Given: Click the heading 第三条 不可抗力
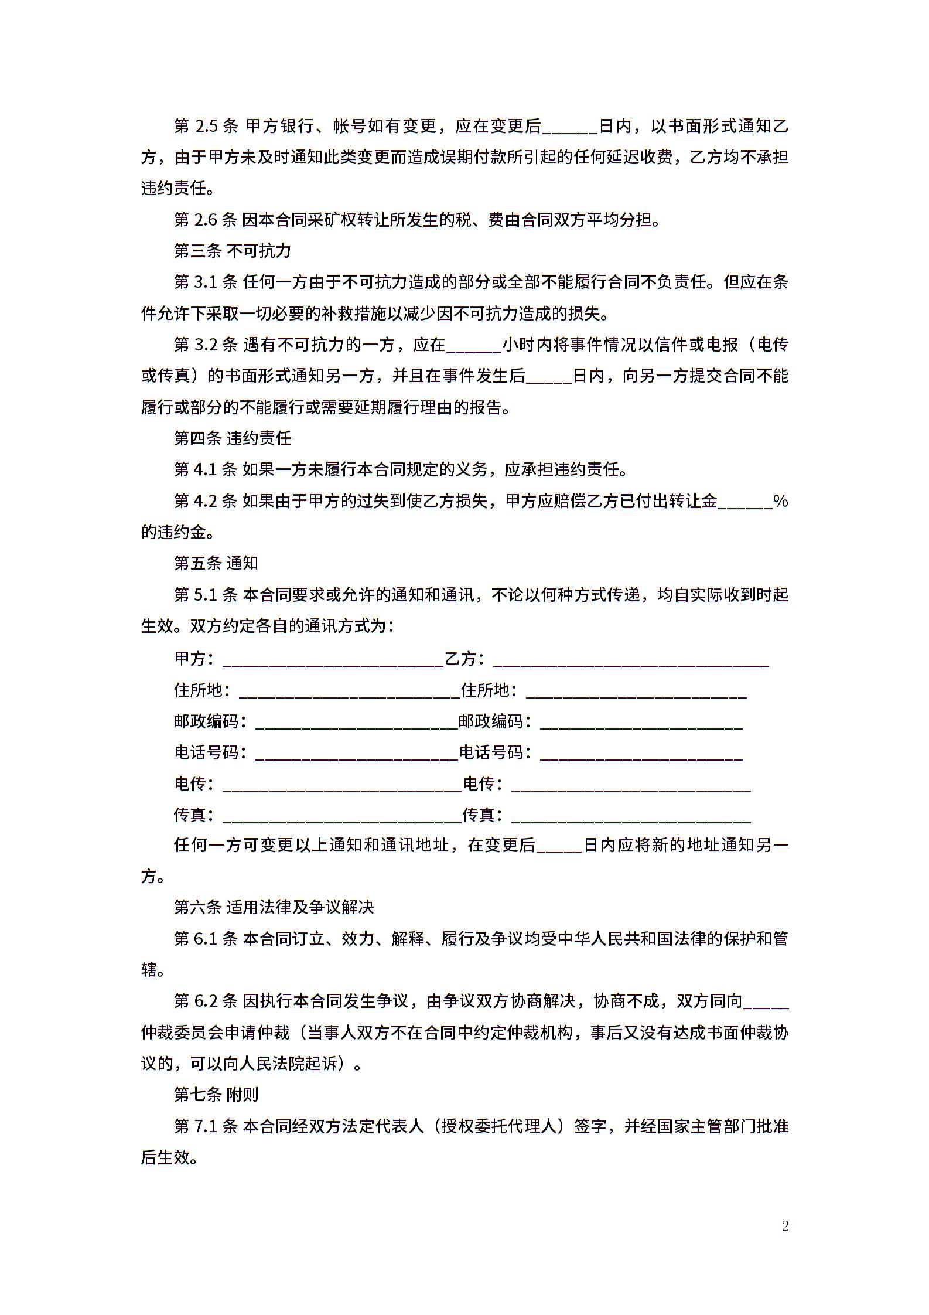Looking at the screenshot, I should (x=232, y=251).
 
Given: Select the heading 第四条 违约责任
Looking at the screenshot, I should (x=232, y=438).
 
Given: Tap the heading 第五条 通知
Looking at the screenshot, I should (x=216, y=563).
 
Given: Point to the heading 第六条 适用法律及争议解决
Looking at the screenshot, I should (x=274, y=907).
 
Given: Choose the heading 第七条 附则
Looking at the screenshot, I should (x=216, y=1095).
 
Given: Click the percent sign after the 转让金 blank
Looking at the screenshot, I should (x=781, y=501).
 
